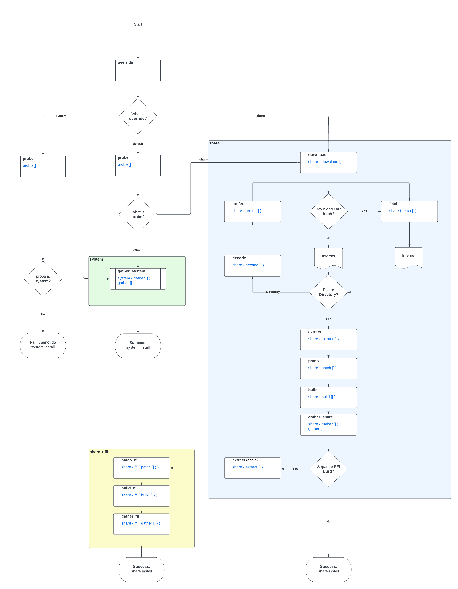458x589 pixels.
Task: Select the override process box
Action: [138, 70]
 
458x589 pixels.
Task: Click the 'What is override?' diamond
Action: [138, 116]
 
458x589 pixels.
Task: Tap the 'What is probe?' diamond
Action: [138, 214]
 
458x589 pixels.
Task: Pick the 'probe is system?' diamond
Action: [43, 279]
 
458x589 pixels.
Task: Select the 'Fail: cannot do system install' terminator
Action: [43, 345]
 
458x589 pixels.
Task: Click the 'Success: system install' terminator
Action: [138, 345]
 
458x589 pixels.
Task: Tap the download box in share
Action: [328, 162]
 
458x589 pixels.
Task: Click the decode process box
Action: [252, 266]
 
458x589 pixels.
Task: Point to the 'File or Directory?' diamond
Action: [328, 292]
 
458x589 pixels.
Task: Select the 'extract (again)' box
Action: [252, 468]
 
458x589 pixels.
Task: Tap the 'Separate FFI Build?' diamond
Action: [328, 469]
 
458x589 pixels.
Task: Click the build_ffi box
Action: [141, 496]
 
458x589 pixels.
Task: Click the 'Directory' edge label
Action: [273, 292]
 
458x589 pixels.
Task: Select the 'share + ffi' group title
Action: [99, 452]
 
